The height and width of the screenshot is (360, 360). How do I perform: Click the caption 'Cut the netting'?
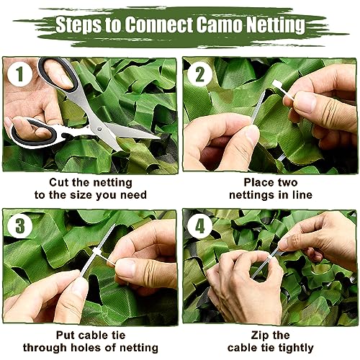coord(89,183)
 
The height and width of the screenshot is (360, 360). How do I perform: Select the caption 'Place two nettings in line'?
coord(269,189)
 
